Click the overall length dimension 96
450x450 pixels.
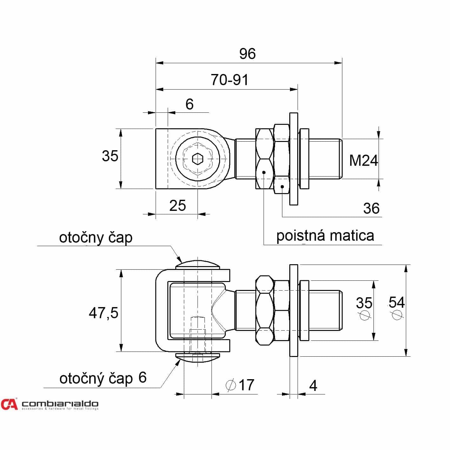click(247, 53)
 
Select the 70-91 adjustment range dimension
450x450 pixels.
click(229, 80)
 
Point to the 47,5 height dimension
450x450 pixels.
click(104, 313)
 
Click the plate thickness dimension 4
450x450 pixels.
click(313, 386)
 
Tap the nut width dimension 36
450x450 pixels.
click(371, 208)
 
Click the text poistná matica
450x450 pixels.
click(325, 236)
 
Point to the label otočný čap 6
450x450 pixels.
click(103, 378)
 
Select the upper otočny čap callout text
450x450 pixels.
click(96, 238)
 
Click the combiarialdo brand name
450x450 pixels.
click(60, 404)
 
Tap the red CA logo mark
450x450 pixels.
click(9, 404)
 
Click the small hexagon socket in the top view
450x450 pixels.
click(198, 159)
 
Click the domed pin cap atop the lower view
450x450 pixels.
click(198, 265)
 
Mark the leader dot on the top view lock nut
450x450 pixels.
click(264, 172)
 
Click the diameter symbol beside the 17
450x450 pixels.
click(231, 385)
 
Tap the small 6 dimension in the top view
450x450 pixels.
click(189, 104)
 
